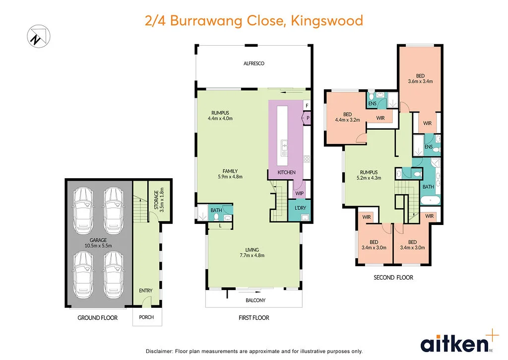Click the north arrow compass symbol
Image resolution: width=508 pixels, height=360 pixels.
39,36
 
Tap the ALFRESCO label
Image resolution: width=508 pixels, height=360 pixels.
254,64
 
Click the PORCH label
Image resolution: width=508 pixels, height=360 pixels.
147,318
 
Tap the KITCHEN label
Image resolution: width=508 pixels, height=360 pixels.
286,172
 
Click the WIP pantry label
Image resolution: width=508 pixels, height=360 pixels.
299,194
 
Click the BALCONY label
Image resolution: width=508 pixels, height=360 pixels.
255,300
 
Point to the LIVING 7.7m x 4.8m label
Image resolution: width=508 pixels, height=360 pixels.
253,253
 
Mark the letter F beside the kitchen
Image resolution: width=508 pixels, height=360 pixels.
307,106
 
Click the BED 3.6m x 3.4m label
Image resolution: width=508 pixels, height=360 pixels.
421,78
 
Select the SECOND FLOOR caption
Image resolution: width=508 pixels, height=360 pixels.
393,278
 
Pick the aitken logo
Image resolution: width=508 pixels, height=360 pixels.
454,344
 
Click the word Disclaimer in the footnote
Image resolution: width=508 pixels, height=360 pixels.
158,351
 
